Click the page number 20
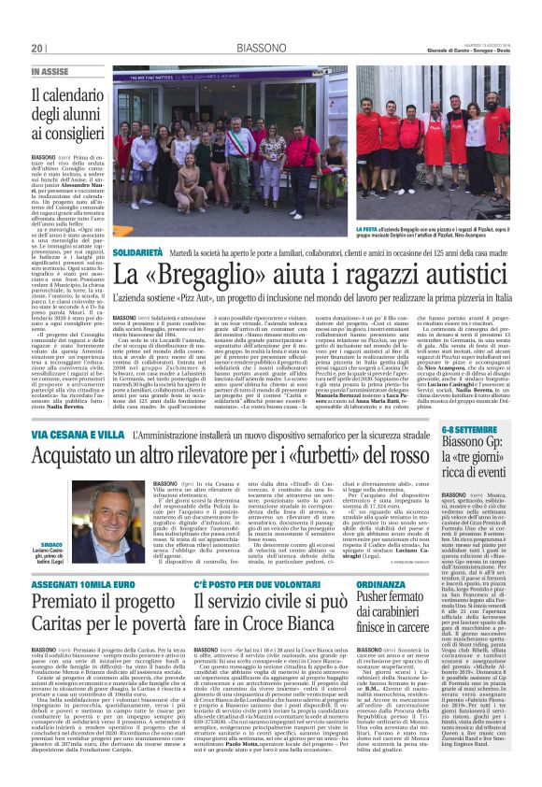38,49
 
